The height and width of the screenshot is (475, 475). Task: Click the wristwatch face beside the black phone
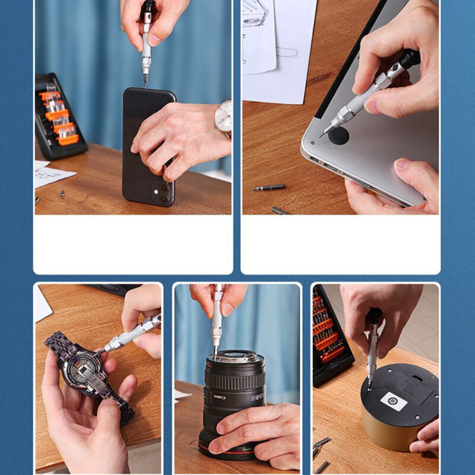224,116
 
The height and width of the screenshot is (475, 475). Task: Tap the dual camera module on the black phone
159,191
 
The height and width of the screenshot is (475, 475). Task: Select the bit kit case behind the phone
59,116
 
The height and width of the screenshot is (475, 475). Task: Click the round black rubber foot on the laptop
339,135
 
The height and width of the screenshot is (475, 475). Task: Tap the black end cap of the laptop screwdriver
410,58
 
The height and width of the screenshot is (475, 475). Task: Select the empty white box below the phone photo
133,243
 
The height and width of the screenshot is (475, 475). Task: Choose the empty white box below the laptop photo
340,243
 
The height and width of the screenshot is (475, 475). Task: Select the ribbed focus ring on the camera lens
235,376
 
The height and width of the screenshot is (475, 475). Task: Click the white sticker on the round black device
392,401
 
